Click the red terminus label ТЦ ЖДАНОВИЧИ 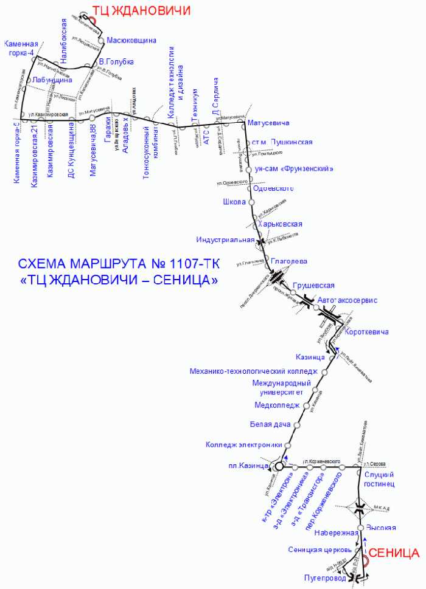tap(141, 11)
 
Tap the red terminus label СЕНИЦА tap(394, 553)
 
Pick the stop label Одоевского tap(273, 188)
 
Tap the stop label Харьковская tap(280, 224)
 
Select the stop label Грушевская tap(314, 285)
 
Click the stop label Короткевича tap(366, 332)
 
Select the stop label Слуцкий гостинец tap(379, 479)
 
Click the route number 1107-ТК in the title tap(197, 264)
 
